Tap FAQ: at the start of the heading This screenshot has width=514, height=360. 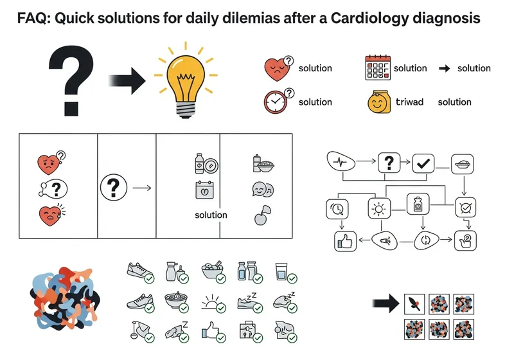(34, 19)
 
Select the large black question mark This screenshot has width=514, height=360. (71, 80)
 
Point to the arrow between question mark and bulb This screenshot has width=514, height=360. (127, 80)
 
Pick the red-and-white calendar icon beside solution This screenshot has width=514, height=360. (378, 68)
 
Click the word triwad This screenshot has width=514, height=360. (409, 102)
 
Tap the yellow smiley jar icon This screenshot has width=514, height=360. (379, 102)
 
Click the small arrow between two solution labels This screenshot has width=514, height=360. (444, 68)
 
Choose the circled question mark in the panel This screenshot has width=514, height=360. (114, 187)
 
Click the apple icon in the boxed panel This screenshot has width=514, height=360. (262, 215)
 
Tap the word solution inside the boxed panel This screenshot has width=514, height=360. (211, 215)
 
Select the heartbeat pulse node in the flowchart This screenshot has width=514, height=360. (341, 161)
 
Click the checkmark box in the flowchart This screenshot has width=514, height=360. (423, 163)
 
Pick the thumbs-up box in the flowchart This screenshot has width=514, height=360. (345, 241)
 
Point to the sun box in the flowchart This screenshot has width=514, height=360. (379, 208)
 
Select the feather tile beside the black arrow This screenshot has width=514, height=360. (414, 304)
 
